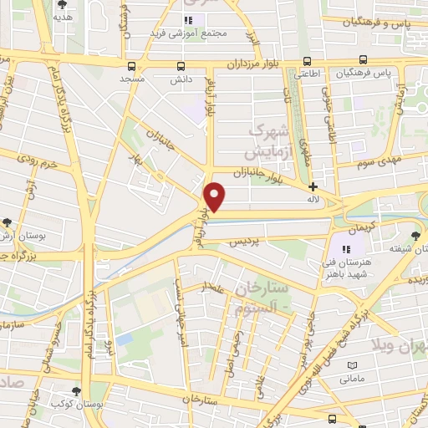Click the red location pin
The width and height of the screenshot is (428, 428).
(216, 197)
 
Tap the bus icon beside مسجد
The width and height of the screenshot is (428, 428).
(132, 66)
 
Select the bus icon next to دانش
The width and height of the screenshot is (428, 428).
(181, 66)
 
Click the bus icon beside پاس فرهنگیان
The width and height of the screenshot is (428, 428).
(363, 60)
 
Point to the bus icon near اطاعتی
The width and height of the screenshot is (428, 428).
(308, 60)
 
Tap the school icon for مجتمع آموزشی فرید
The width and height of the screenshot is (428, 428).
(189, 19)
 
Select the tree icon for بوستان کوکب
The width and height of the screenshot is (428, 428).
(77, 391)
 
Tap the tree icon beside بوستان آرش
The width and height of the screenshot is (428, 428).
(8, 222)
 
